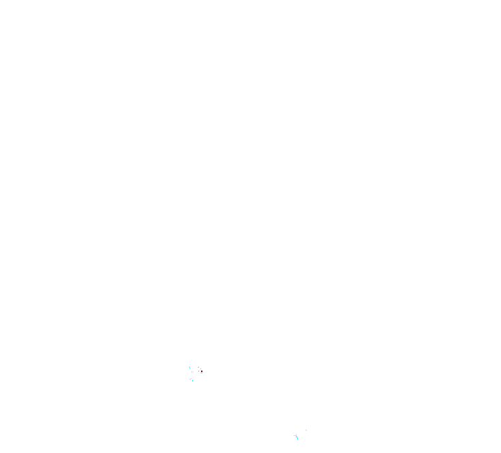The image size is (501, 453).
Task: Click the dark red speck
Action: click(202, 371)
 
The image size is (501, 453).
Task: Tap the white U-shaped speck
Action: click(192, 372)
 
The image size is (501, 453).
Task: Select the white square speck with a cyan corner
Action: click(189, 367)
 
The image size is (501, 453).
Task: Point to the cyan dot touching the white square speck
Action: click(190, 369)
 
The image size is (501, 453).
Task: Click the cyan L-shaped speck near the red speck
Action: click(198, 367)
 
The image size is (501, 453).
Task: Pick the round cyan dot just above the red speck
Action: click(200, 369)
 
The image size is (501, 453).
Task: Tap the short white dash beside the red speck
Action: click(200, 370)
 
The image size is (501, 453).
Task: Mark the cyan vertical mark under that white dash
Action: click(198, 371)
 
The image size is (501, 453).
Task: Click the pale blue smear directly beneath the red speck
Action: click(202, 373)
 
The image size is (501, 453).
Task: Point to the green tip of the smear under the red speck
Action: click(200, 373)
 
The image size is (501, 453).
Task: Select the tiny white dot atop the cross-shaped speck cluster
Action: click(190, 377)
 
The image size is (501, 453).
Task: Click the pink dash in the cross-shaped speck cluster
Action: click(189, 379)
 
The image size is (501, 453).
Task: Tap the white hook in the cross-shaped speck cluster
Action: click(192, 379)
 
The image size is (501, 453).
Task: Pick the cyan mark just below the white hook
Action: click(193, 381)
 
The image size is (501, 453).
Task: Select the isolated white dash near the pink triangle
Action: click(293, 433)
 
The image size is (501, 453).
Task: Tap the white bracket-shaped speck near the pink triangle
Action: click(294, 437)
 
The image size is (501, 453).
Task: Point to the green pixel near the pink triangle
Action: click(296, 435)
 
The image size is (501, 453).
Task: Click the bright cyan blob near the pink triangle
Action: click(297, 437)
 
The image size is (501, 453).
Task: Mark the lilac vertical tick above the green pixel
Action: click(296, 435)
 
